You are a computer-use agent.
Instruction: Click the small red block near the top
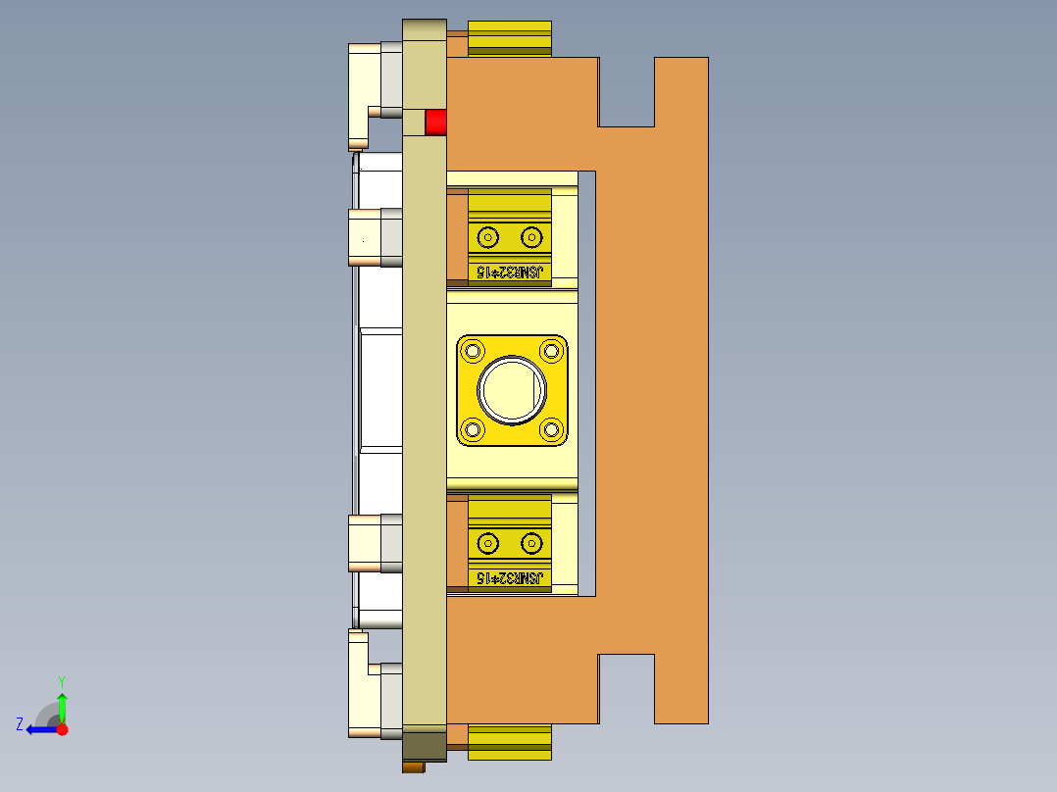pos(435,123)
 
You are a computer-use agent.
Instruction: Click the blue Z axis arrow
pos(39,729)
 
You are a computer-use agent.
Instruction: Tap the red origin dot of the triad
pos(62,729)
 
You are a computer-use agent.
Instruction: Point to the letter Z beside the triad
pos(20,724)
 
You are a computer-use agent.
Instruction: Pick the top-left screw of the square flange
pos(475,350)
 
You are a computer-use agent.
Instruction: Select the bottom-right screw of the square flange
pos(551,429)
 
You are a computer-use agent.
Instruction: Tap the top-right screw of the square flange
pos(551,350)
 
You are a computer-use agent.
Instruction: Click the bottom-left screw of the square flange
pos(475,429)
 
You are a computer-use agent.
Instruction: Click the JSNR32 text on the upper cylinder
pos(509,272)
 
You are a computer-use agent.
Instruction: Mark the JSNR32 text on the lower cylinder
pos(509,578)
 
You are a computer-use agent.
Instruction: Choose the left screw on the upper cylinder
pos(487,236)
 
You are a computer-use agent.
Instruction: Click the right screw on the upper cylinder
pos(531,236)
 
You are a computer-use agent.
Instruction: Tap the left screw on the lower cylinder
pos(487,542)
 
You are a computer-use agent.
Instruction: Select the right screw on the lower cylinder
pos(531,542)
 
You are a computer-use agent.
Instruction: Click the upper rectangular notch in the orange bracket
pos(627,91)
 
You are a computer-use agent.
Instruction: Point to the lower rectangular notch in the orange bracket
pos(627,688)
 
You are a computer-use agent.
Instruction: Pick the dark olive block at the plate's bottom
pos(424,745)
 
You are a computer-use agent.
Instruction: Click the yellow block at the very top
pos(510,37)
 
